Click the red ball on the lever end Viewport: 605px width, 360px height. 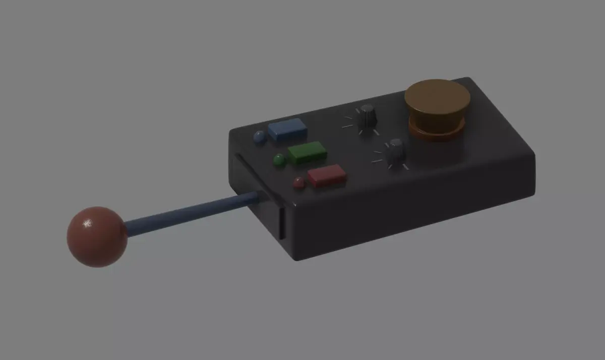[x=96, y=236]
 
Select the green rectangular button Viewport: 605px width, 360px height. [x=307, y=152]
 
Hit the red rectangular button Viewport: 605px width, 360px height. [x=327, y=176]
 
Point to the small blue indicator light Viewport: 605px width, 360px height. [x=260, y=137]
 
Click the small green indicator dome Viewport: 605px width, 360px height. [x=279, y=160]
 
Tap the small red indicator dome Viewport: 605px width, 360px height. [x=299, y=183]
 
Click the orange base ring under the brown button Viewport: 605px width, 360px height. [x=437, y=133]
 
